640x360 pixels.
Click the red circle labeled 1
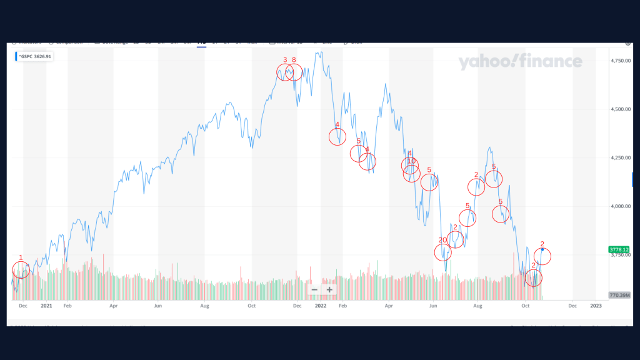pyautogui.click(x=21, y=270)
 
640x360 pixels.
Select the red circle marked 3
pyautogui.click(x=285, y=72)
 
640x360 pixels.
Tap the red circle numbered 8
pyautogui.click(x=294, y=72)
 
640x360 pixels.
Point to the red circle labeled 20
pyautogui.click(x=443, y=252)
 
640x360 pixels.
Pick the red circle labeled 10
pyautogui.click(x=411, y=173)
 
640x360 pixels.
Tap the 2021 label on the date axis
pyautogui.click(x=46, y=306)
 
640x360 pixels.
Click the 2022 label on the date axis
pyautogui.click(x=321, y=306)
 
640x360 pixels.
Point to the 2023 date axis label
pyautogui.click(x=596, y=306)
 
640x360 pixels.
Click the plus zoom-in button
pyautogui.click(x=329, y=289)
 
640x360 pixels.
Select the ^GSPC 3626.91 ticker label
pyautogui.click(x=35, y=56)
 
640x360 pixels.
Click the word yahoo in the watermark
pyautogui.click(x=486, y=62)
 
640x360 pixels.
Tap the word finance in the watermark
pyautogui.click(x=550, y=62)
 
